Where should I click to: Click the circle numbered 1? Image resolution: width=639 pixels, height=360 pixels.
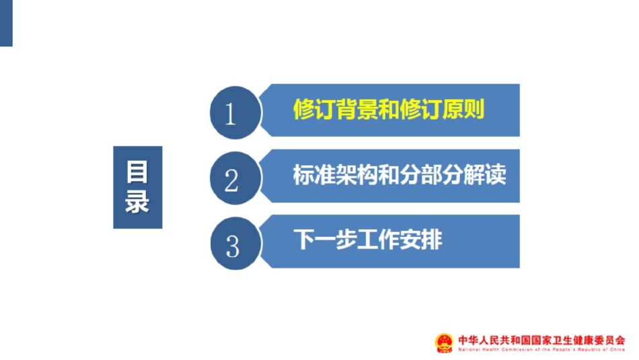point(235,112)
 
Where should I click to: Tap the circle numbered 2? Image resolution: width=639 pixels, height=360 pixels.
point(235,178)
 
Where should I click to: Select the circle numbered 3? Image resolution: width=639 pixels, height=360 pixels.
point(235,244)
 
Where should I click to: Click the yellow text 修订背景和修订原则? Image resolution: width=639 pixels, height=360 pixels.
point(389,109)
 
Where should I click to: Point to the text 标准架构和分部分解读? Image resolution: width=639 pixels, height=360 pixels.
point(400,175)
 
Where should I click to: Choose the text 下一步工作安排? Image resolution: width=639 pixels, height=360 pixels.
point(368,240)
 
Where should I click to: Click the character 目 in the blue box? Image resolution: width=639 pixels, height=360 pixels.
point(137,172)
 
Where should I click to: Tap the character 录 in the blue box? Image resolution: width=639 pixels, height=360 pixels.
point(137,201)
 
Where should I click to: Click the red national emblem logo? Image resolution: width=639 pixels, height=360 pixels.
point(444,343)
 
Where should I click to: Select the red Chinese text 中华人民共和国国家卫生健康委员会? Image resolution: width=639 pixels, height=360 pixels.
point(541,340)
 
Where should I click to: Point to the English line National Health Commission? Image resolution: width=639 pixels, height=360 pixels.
point(541,349)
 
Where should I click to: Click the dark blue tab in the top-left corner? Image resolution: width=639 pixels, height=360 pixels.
point(6,23)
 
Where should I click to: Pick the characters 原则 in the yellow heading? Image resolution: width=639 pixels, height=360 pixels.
point(463,109)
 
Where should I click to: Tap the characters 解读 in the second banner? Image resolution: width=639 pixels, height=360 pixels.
point(485,175)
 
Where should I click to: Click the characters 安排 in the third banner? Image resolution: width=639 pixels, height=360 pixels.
point(421,240)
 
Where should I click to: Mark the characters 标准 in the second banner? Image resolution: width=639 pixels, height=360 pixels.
point(315,175)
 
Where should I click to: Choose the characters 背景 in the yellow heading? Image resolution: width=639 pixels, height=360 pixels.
point(357,109)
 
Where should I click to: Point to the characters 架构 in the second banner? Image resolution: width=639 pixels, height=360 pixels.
point(357,175)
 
